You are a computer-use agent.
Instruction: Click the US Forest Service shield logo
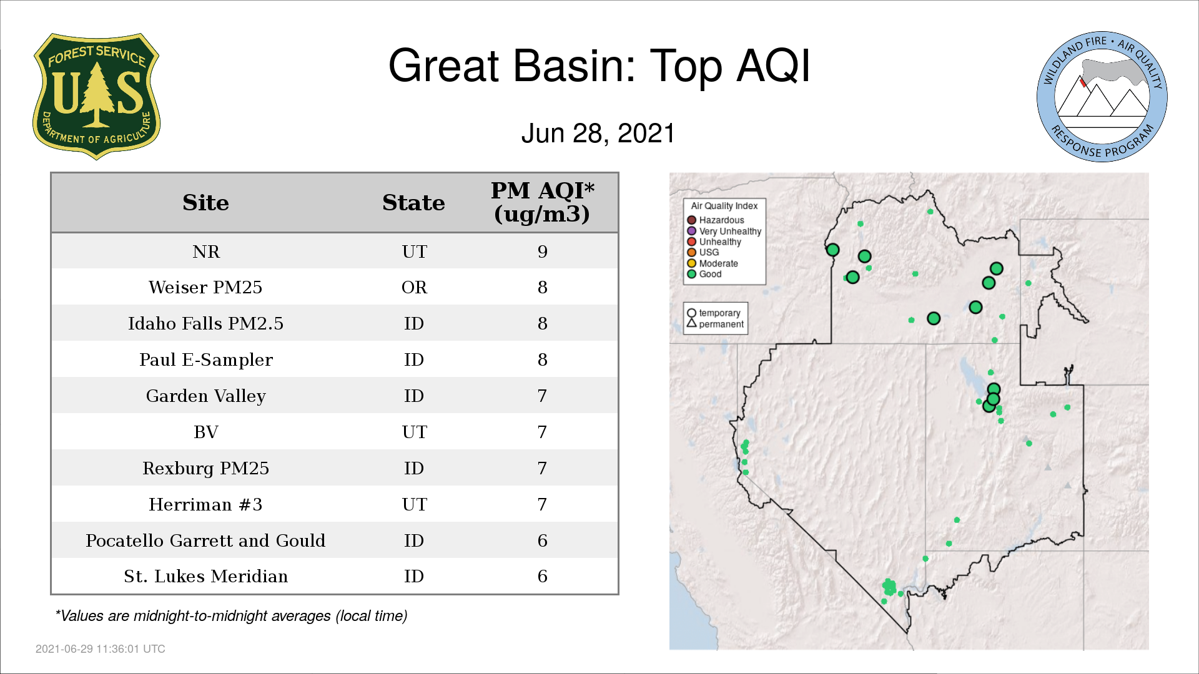(x=96, y=97)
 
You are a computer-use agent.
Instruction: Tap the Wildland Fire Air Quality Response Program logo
(x=1102, y=97)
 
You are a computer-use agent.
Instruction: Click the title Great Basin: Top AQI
(x=599, y=66)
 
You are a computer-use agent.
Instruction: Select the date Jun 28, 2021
(x=598, y=134)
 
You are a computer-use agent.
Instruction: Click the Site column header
(x=205, y=203)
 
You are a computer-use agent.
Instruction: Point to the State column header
(x=413, y=203)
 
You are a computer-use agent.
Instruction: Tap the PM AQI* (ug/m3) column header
(x=542, y=202)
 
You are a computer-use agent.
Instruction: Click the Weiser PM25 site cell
(x=205, y=287)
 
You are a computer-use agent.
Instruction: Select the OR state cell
(x=414, y=287)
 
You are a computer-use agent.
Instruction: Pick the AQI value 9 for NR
(x=542, y=252)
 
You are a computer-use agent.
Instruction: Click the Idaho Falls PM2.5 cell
(x=205, y=323)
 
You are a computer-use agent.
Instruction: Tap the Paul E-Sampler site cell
(x=206, y=360)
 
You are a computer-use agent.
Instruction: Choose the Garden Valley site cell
(x=206, y=396)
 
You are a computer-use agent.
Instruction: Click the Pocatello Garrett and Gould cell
(x=205, y=540)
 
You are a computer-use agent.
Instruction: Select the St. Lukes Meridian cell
(x=206, y=576)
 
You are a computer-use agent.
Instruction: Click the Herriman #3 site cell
(x=205, y=504)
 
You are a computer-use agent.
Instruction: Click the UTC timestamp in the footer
(x=101, y=649)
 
